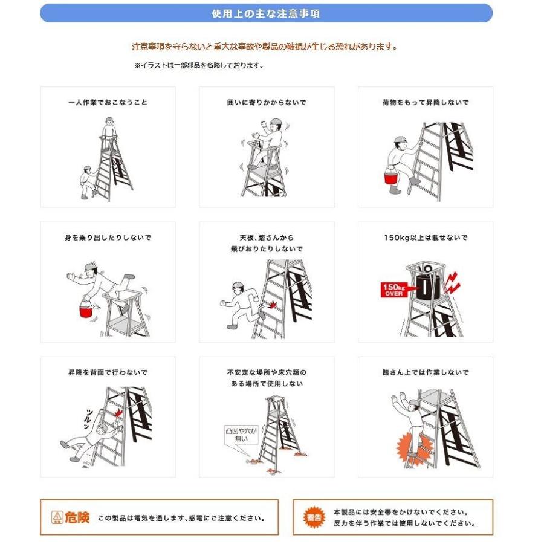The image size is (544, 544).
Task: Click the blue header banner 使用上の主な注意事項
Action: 266,13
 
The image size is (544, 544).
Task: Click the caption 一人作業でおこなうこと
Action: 108,103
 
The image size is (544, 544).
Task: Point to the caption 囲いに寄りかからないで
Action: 267,103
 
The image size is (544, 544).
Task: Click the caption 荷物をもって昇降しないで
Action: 425,103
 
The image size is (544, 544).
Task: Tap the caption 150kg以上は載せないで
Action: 425,238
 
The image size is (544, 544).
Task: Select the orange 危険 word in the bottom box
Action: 77,517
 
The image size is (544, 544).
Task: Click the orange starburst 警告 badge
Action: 314,517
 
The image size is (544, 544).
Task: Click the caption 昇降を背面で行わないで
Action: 108,372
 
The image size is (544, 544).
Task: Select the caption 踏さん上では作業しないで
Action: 425,372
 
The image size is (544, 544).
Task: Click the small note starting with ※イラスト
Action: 198,66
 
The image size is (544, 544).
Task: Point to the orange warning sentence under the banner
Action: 265,47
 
